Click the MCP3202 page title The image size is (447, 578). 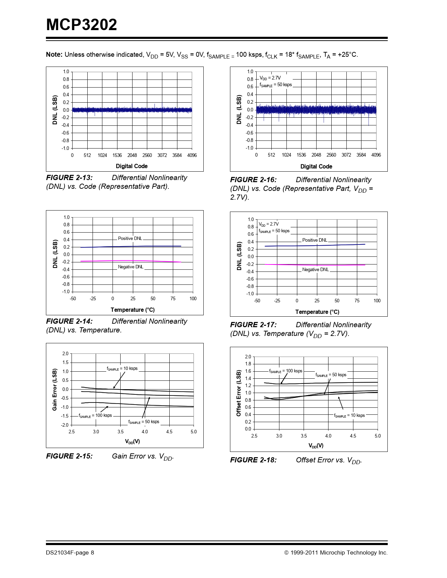[x=81, y=25]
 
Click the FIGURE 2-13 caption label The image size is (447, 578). [x=69, y=178]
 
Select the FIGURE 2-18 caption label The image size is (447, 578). [x=253, y=460]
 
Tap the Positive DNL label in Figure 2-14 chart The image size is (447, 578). [x=130, y=239]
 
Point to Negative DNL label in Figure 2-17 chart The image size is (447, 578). [x=316, y=270]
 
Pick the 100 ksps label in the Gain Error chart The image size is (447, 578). [x=95, y=416]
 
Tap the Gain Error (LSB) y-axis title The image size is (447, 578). [x=55, y=390]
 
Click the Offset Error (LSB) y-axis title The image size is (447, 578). [x=239, y=393]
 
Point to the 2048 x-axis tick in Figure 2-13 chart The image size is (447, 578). [x=132, y=155]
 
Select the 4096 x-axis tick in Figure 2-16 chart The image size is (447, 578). [x=376, y=155]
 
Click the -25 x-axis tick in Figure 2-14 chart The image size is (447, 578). [x=93, y=299]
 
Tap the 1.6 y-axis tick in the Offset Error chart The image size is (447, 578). [x=248, y=371]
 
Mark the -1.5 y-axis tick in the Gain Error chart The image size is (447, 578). [x=65, y=416]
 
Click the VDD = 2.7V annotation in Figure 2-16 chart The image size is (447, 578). [x=270, y=78]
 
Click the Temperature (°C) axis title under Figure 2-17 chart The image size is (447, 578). [x=317, y=312]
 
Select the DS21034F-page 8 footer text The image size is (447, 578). [x=70, y=553]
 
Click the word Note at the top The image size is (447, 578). [x=54, y=55]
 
